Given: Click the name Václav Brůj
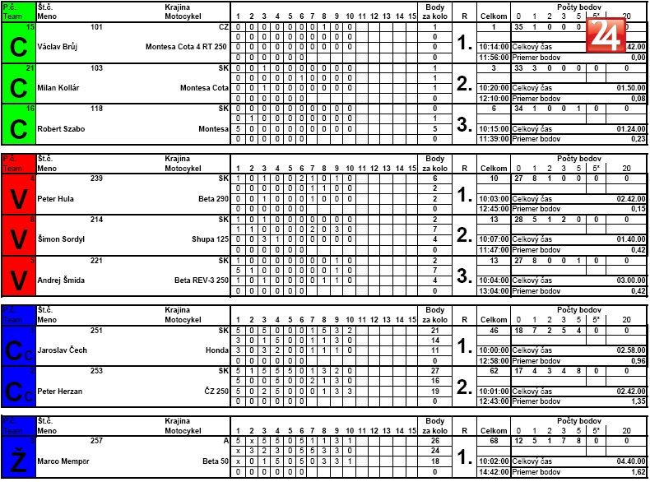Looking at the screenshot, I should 60,47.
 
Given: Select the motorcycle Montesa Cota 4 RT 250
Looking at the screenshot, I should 187,47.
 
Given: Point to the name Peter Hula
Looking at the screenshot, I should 55,198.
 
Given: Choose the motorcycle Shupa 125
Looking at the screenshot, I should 211,239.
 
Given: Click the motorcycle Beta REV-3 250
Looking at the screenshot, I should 201,280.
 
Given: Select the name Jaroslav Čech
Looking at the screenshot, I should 63,350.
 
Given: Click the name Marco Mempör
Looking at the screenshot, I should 65,460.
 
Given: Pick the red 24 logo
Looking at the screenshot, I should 604,35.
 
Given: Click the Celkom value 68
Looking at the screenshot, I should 494,440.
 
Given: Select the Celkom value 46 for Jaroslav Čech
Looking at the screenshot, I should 494,329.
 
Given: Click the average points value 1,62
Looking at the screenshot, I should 637,472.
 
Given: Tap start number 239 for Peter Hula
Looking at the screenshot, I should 97,178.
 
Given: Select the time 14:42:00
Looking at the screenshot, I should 494,472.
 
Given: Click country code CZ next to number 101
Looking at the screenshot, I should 223,27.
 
